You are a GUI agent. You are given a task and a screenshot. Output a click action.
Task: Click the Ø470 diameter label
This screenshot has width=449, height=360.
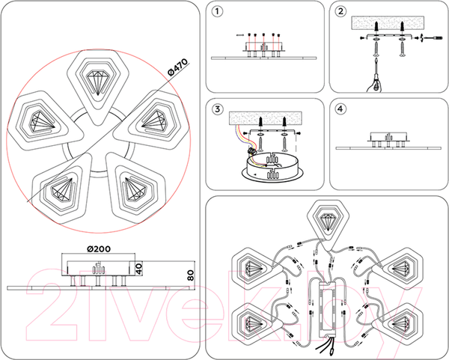178,67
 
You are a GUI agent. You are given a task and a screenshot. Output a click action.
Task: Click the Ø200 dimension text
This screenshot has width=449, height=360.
98,249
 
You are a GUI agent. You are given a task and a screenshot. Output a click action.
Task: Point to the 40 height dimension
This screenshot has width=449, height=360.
138,269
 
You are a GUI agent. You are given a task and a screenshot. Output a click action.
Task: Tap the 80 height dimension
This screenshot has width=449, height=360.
190,275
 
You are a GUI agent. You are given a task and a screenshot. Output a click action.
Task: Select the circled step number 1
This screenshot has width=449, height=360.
217,11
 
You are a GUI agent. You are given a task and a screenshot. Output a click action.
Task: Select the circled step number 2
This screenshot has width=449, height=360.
340,11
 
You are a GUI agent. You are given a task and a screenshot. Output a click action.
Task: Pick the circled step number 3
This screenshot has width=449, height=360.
217,109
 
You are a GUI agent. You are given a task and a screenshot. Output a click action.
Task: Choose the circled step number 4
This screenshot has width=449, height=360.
340,109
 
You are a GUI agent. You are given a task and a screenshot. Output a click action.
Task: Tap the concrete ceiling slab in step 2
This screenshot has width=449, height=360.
388,23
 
